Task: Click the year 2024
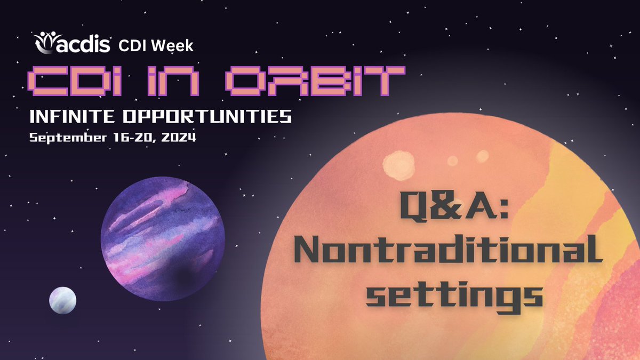point(179,137)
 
